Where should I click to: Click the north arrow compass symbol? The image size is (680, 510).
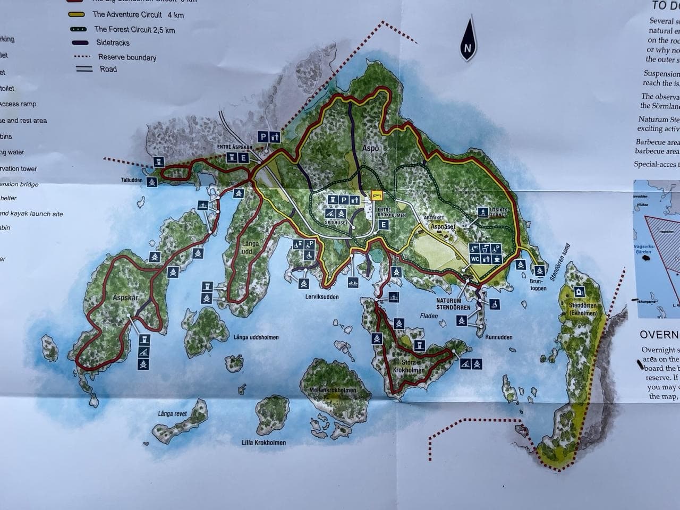click(467, 39)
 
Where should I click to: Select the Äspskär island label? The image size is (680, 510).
click(125, 297)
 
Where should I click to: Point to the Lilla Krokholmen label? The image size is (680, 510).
click(263, 443)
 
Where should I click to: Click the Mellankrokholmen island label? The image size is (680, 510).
click(333, 390)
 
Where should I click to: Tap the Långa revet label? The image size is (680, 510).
click(172, 414)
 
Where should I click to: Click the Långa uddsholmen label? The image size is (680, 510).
click(256, 337)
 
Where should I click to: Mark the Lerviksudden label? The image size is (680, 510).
click(322, 297)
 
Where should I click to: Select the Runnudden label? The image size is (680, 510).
click(499, 337)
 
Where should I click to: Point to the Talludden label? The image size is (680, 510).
click(132, 180)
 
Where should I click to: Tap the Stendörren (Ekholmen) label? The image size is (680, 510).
click(583, 310)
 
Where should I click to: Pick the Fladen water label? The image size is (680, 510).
click(429, 316)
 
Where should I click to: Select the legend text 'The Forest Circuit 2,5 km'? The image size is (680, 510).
click(134, 30)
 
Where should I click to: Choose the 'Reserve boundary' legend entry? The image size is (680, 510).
click(127, 57)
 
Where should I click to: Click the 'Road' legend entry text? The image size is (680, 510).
click(108, 69)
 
